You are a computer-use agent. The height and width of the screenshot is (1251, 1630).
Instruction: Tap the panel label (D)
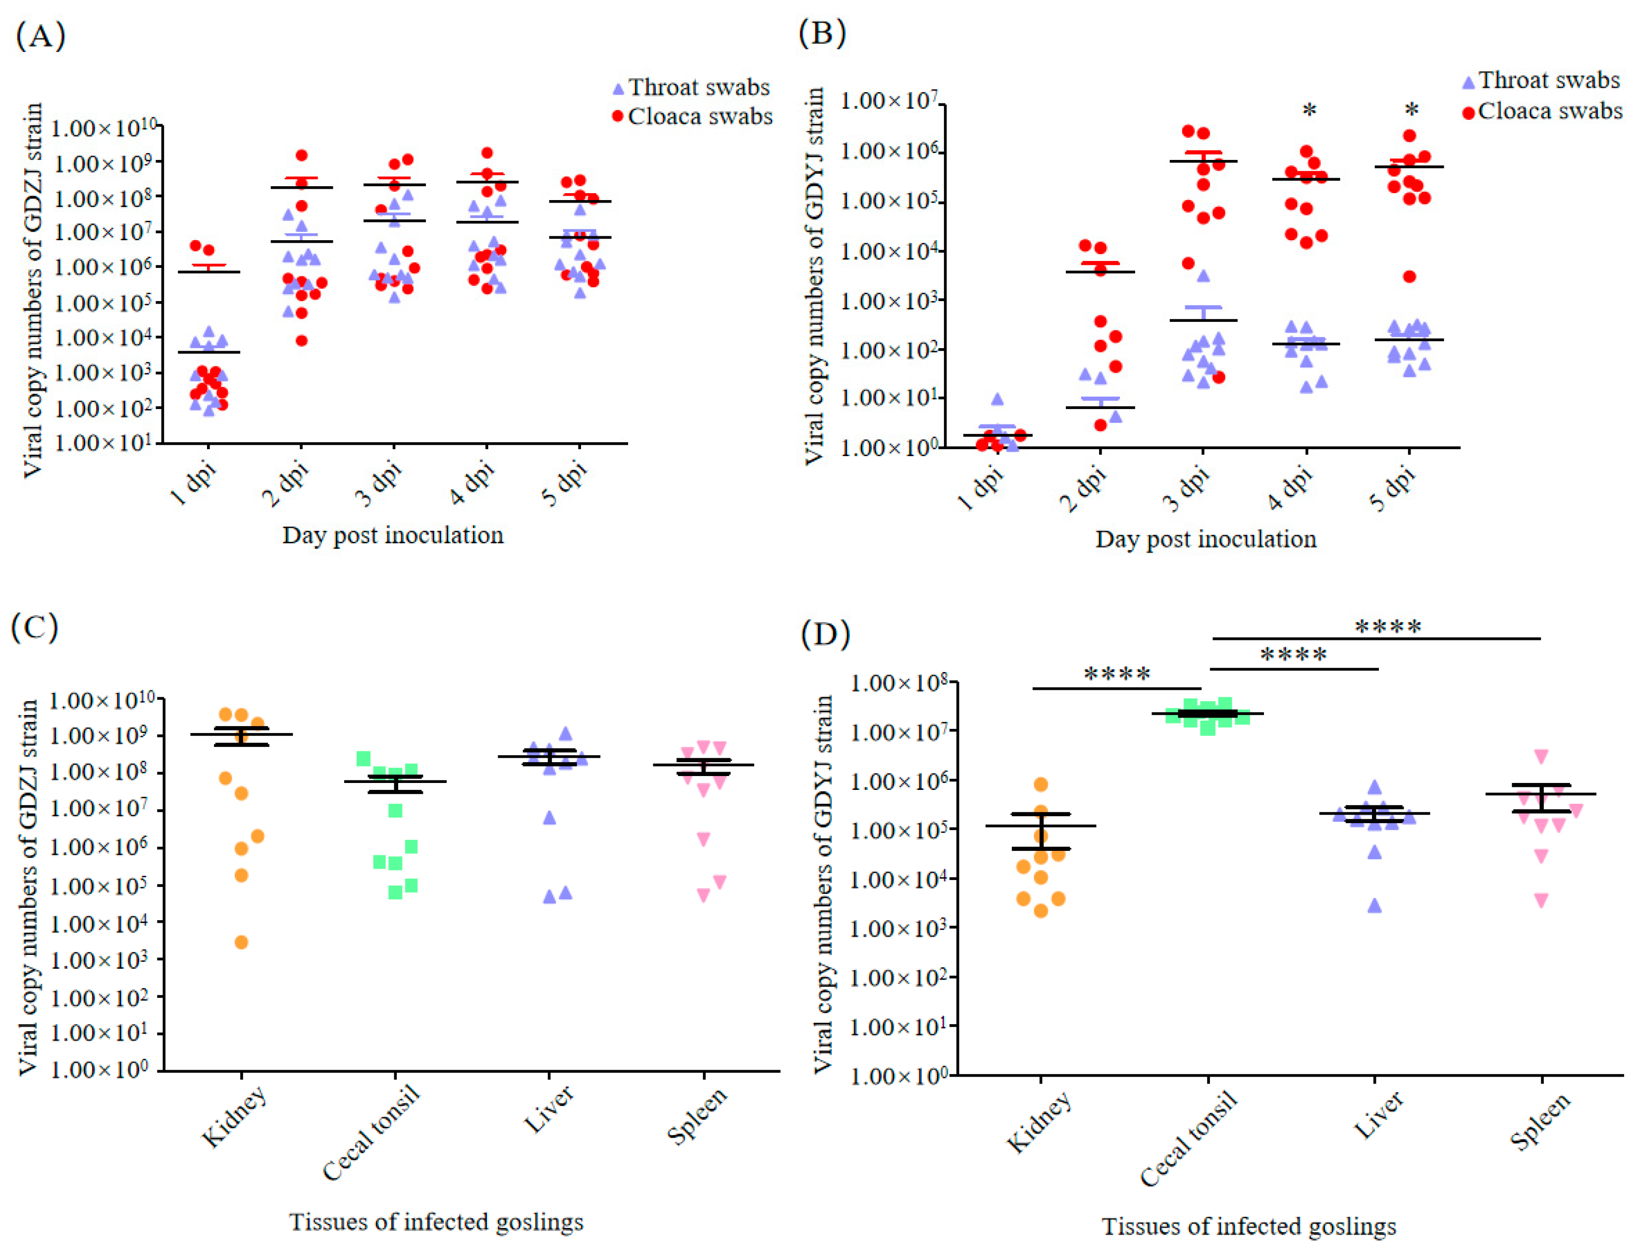click(x=824, y=634)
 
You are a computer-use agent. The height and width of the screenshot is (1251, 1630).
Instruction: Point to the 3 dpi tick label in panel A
click(x=380, y=484)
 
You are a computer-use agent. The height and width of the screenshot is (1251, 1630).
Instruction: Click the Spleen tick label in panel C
click(x=696, y=1115)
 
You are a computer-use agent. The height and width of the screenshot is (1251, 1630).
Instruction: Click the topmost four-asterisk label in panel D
click(x=1387, y=627)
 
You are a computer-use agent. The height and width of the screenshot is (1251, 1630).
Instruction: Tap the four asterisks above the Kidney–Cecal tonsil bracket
click(x=1117, y=675)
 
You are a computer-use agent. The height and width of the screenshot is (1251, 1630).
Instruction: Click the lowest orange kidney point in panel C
click(x=241, y=942)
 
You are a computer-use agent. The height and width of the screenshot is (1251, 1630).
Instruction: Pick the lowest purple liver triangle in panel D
click(x=1374, y=905)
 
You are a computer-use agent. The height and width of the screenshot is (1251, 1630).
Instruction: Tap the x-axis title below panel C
click(x=436, y=1221)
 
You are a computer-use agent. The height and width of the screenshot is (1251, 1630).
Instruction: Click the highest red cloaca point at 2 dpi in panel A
click(x=302, y=155)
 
